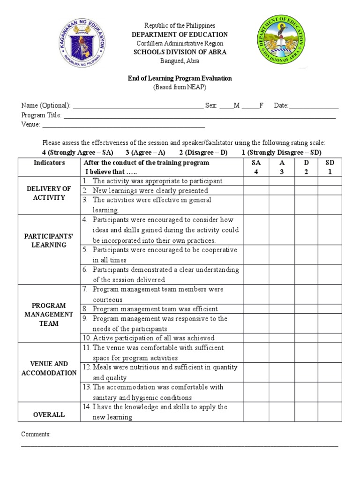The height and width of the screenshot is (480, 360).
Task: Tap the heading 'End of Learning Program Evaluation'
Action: [x=180, y=78]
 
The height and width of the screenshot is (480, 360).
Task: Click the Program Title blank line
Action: [x=199, y=115]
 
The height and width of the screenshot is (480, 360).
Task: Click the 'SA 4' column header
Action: [x=256, y=167]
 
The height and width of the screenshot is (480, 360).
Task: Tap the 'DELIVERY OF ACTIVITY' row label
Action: [x=49, y=193]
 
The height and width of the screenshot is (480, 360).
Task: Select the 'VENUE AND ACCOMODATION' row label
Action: [x=49, y=368]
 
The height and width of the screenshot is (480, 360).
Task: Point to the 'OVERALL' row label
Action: [x=49, y=415]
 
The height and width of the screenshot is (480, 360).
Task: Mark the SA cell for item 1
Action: [x=256, y=181]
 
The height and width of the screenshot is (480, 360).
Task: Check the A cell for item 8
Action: [x=282, y=309]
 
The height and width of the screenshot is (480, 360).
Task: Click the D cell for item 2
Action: [x=306, y=191]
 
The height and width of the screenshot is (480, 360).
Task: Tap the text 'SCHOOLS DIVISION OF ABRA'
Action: [x=180, y=52]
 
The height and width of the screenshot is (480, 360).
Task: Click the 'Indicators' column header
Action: [x=49, y=163]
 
